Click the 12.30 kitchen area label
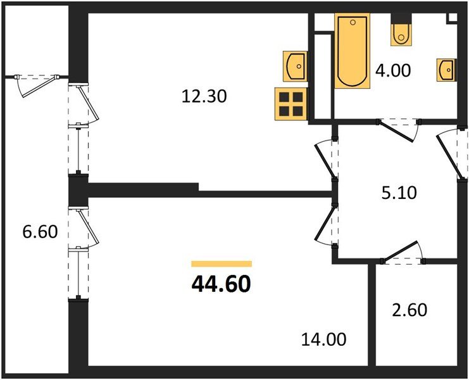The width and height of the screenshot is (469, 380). point(204,97)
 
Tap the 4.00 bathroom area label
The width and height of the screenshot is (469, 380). point(393,71)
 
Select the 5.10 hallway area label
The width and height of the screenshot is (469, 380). point(399,193)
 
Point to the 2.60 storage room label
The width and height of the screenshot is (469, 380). point(410,310)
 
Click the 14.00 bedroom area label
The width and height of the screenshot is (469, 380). point(323,339)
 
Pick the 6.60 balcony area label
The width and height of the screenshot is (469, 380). point(40,232)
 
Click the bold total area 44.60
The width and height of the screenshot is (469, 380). point(221,284)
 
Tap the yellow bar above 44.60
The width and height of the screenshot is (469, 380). point(222,263)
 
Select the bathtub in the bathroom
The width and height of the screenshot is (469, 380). point(353,51)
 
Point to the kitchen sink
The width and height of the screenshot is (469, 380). point(296,66)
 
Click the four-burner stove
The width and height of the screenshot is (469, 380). point(291,104)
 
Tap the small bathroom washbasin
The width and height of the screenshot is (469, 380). point(446,70)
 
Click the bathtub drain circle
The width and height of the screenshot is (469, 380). point(353,22)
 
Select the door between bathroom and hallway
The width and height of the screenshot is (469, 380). point(398,130)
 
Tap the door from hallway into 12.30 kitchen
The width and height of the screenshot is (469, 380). point(326,160)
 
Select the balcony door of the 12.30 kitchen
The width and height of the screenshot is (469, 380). point(83,104)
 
